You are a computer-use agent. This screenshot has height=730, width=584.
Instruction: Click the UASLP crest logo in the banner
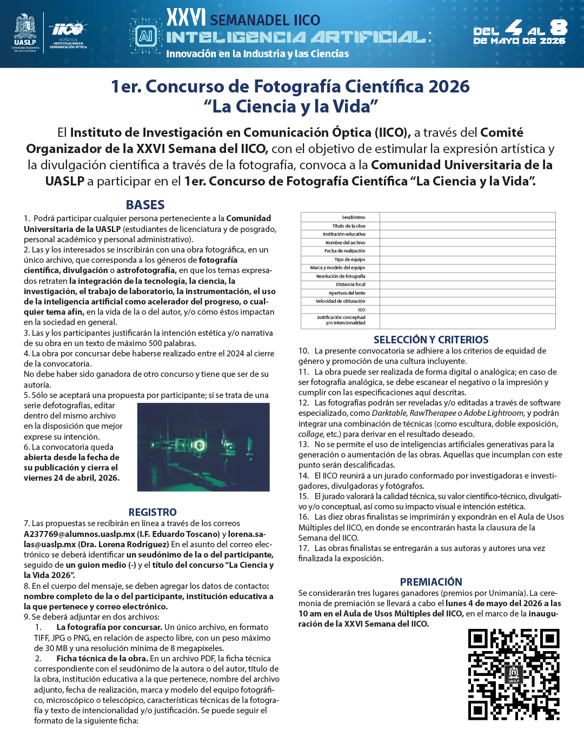coord(25,31)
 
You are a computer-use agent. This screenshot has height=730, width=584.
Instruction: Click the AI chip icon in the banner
coord(145,36)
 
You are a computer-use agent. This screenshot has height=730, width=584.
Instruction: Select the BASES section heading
coord(145,205)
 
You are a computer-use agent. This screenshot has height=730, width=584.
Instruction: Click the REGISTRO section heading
coord(152,512)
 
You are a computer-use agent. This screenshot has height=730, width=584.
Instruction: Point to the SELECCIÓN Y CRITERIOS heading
coord(431,340)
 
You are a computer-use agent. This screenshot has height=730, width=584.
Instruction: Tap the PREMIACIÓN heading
coord(431,582)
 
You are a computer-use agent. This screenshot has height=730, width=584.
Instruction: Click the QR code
coord(513,674)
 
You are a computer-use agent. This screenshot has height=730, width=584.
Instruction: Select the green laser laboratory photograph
coord(203,447)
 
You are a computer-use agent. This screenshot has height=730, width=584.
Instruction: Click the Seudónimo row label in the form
coord(353,217)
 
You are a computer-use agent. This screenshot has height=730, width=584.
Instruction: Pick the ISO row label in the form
coord(361,310)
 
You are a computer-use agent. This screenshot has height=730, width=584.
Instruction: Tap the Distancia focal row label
coord(350,284)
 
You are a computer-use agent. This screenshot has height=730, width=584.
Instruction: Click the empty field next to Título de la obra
coord(467,226)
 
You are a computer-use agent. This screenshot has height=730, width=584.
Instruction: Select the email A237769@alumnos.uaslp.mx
coord(79,534)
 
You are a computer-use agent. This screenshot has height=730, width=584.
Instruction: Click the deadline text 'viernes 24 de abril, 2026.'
coord(71,478)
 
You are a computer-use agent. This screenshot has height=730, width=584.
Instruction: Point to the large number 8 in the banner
coord(558,27)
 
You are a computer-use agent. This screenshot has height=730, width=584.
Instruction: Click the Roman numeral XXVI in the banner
coord(185,18)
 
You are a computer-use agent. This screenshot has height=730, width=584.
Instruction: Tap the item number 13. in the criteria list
coord(303,444)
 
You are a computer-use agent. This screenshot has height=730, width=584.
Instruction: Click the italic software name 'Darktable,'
coord(389,413)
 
